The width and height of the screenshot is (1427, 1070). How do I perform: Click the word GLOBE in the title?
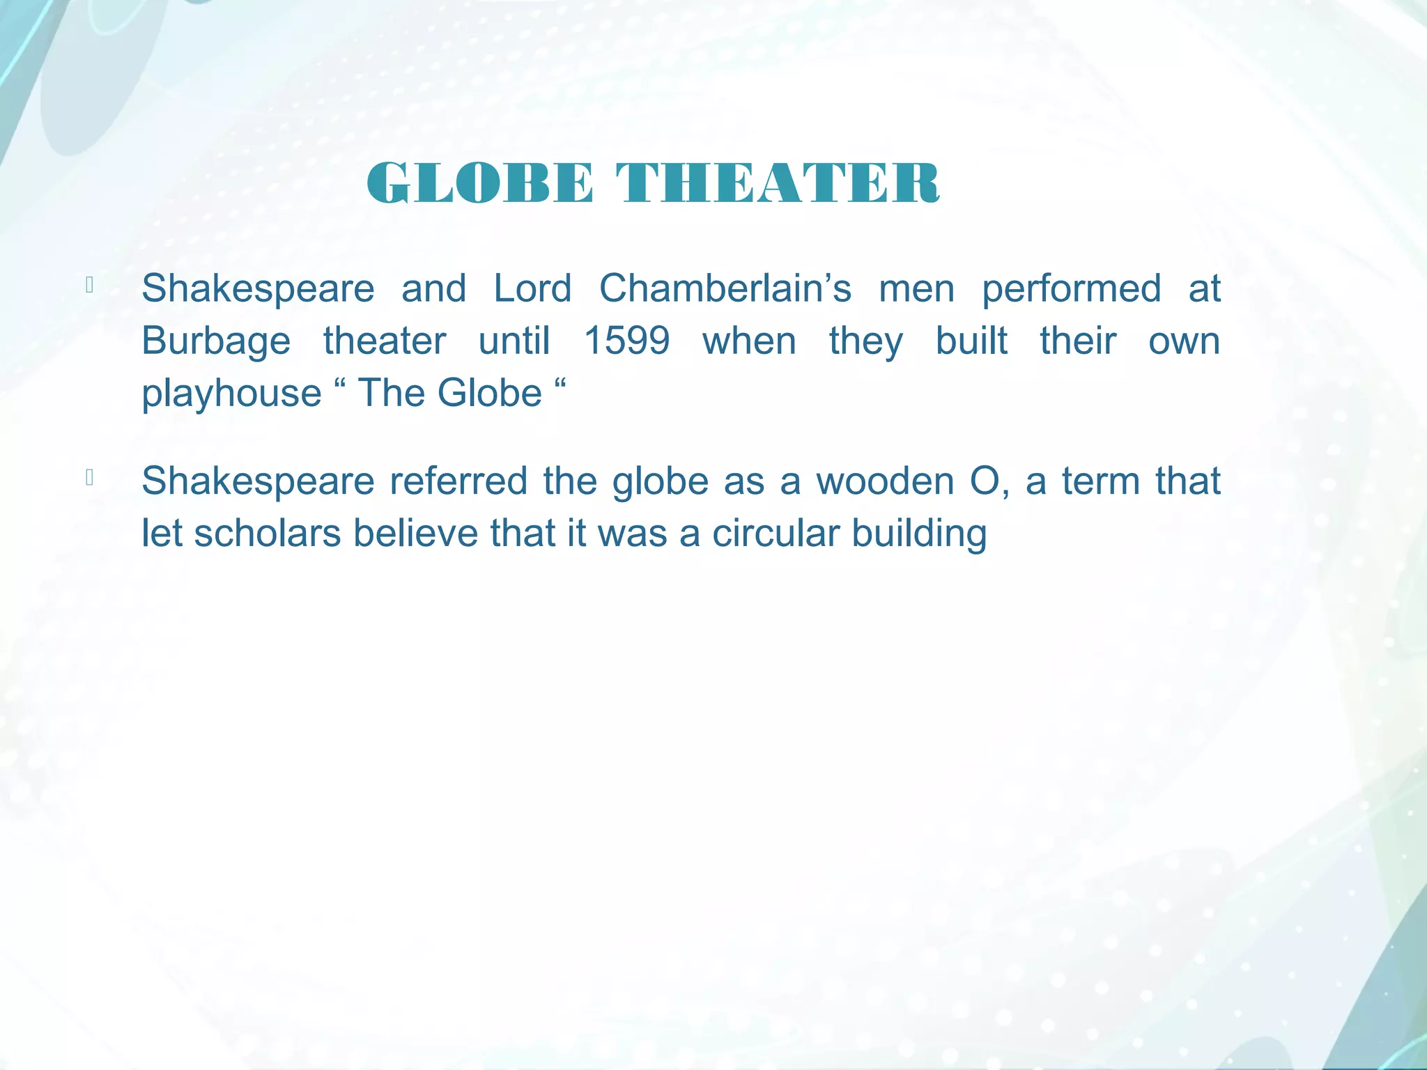[480, 183]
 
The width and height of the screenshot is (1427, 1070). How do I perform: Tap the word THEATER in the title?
[778, 183]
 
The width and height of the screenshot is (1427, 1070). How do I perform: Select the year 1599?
[626, 341]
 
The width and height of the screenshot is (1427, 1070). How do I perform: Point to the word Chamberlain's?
[725, 288]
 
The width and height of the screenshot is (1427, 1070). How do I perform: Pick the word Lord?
[532, 288]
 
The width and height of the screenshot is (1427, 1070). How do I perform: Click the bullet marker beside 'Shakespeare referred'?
[89, 477]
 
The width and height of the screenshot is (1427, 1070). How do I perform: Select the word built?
[971, 341]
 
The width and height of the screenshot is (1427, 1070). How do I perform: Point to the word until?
[514, 341]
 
